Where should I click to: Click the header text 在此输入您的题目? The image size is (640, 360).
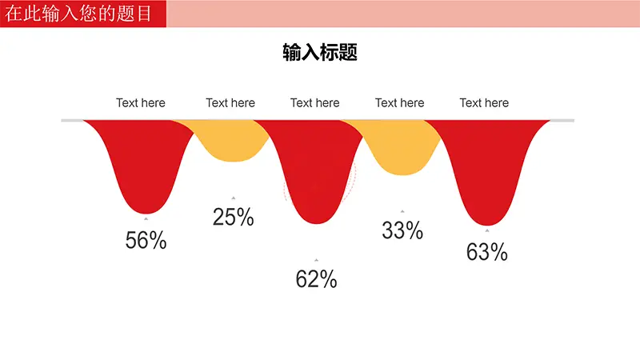tap(78, 14)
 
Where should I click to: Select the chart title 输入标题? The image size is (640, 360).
tap(320, 52)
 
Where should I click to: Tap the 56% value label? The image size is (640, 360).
tap(146, 240)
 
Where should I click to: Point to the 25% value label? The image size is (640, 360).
tap(233, 217)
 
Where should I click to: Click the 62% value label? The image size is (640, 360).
tap(316, 279)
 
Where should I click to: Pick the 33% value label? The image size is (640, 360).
tap(402, 230)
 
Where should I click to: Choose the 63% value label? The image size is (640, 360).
tap(487, 252)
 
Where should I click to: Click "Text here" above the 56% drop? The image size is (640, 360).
tap(141, 103)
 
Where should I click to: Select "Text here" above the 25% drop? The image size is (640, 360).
tap(230, 103)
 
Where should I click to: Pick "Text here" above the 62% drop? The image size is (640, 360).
tap(314, 103)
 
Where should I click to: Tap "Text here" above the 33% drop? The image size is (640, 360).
tap(399, 103)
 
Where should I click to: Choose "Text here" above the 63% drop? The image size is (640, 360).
tap(484, 103)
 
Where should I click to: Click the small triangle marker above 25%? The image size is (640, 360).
tap(233, 198)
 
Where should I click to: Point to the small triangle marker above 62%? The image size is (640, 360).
tap(316, 260)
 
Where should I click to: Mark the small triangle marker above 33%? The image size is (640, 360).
tap(402, 211)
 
